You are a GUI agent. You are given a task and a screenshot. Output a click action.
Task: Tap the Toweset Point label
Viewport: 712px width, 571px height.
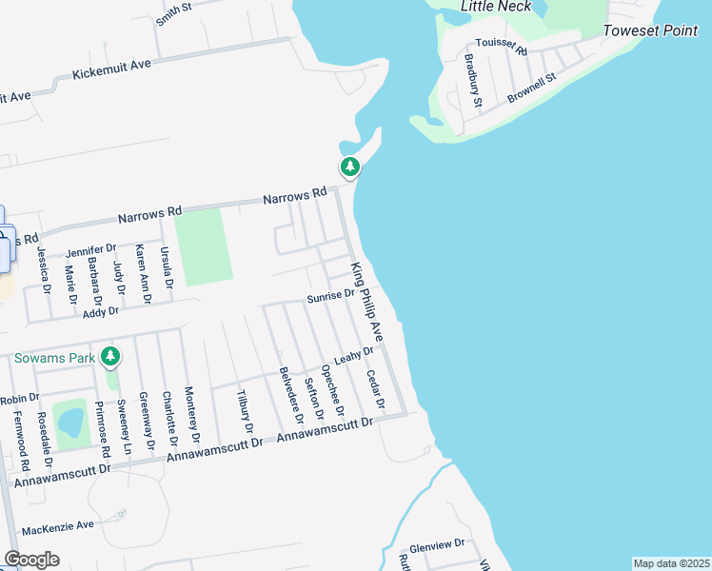pyautogui.click(x=650, y=31)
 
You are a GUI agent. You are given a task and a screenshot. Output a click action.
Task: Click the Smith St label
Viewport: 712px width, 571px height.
pyautogui.click(x=174, y=12)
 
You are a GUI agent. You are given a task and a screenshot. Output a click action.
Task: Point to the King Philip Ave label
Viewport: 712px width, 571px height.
pyautogui.click(x=366, y=303)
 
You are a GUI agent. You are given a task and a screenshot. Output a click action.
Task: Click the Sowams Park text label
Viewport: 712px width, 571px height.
pyautogui.click(x=54, y=358)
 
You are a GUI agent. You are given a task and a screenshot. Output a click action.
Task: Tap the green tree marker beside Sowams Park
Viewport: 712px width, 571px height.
pyautogui.click(x=111, y=357)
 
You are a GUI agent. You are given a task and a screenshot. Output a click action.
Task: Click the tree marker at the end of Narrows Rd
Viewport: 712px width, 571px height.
pyautogui.click(x=350, y=167)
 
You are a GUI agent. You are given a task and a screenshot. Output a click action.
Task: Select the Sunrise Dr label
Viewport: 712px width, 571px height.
pyautogui.click(x=330, y=297)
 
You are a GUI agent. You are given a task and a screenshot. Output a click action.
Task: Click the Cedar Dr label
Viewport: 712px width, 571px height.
pyautogui.click(x=374, y=390)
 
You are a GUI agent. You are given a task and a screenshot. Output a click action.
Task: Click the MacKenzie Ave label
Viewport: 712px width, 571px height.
pyautogui.click(x=58, y=525)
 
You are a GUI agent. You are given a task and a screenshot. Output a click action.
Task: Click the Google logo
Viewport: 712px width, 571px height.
pyautogui.click(x=31, y=560)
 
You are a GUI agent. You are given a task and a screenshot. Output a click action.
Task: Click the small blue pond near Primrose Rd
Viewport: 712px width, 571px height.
pyautogui.click(x=69, y=423)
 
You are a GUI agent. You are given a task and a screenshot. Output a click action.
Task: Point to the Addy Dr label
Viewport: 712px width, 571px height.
pyautogui.click(x=100, y=312)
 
